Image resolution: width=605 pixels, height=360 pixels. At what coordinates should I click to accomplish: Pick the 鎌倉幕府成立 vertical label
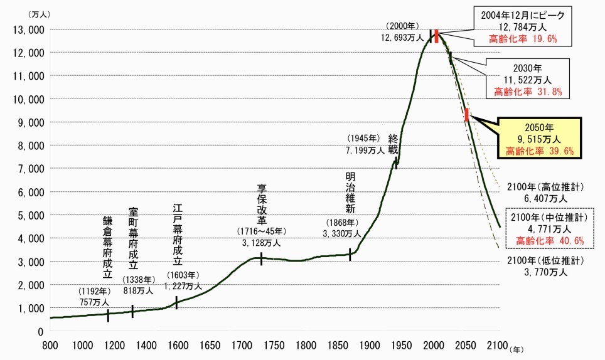(x=107, y=247)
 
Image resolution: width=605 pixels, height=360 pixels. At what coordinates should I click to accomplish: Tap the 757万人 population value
(x=94, y=302)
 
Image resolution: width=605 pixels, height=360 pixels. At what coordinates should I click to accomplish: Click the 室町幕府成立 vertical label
(x=133, y=238)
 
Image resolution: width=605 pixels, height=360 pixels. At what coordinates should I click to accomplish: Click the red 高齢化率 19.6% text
(x=522, y=39)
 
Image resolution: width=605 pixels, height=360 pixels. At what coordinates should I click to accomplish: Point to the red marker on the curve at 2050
(x=467, y=115)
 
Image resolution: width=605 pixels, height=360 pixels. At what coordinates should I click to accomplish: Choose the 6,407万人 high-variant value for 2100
(x=547, y=198)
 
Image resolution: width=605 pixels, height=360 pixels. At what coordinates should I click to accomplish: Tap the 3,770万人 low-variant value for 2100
(x=547, y=273)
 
